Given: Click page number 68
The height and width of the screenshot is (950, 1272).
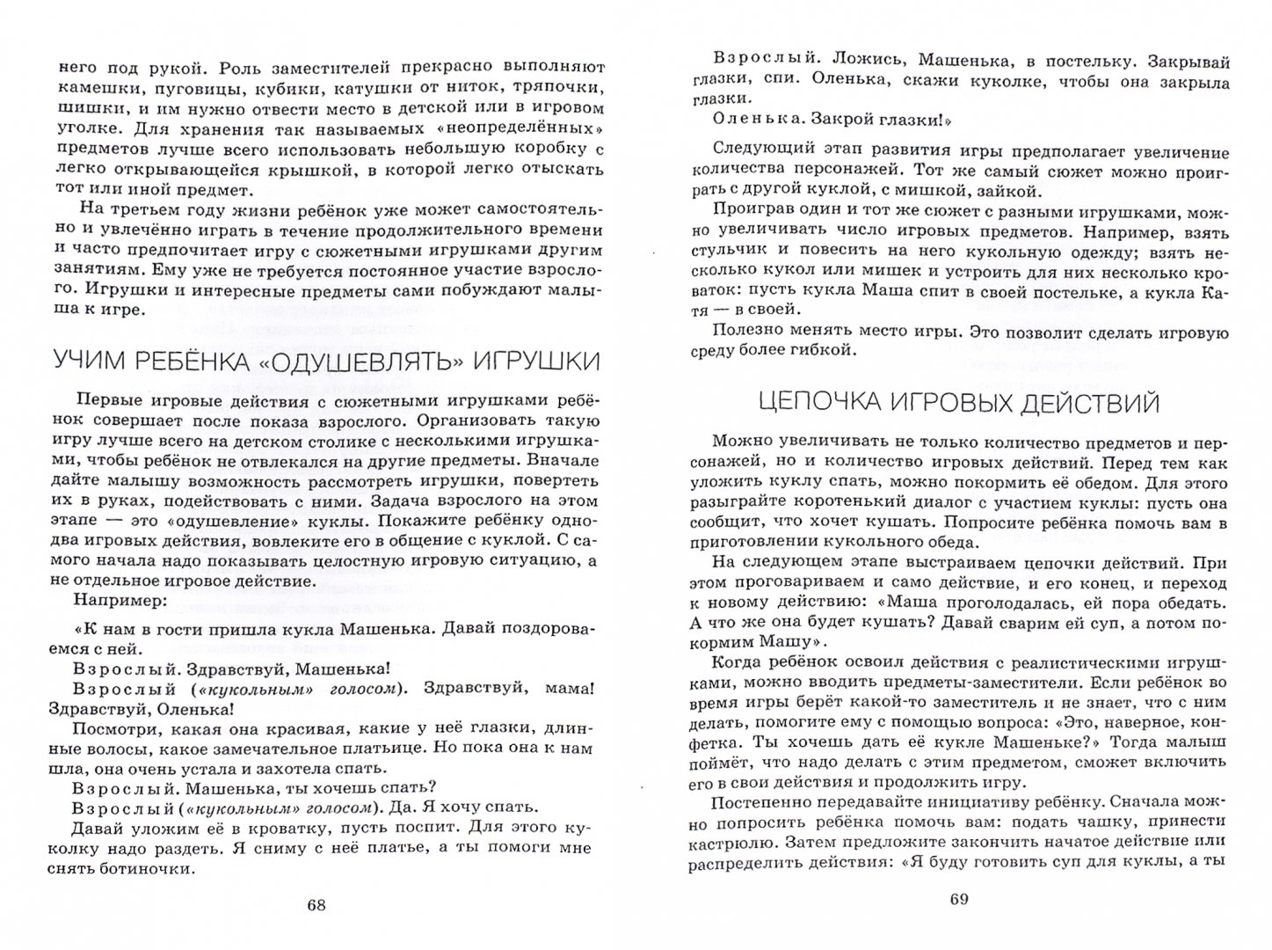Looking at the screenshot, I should [x=317, y=908].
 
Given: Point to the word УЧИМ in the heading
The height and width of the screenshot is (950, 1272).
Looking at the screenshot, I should [x=91, y=362].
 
